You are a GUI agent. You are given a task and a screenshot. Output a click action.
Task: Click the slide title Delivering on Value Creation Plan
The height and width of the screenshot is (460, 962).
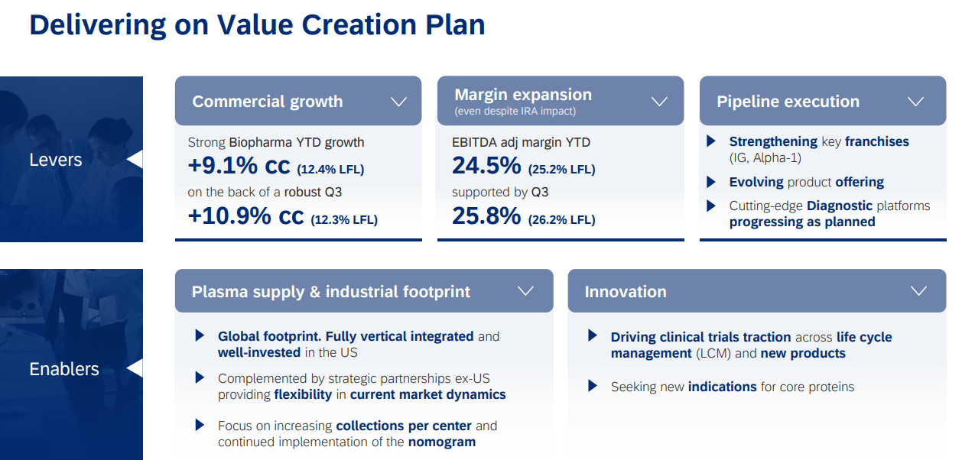257,25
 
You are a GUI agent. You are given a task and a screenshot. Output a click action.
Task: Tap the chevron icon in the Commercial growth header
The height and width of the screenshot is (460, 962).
398,102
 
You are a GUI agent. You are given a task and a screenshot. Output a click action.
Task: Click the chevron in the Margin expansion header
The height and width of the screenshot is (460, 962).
660,102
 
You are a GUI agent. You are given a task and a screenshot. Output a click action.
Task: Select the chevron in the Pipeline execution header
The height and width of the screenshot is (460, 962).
915,102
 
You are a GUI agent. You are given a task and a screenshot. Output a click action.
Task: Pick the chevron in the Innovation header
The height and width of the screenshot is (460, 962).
919,291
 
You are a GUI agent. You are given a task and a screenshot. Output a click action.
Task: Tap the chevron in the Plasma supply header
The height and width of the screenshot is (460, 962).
525,291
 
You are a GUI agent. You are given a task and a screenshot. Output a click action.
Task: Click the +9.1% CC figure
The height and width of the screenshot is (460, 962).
240,166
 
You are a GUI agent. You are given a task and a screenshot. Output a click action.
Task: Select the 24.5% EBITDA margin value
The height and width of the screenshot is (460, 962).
486,166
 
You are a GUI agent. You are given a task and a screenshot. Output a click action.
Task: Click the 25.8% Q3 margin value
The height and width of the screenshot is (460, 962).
486,216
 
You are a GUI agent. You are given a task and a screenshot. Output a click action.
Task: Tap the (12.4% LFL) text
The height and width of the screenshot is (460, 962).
330,169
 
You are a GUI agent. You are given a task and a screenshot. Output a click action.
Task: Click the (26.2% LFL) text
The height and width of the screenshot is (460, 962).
561,220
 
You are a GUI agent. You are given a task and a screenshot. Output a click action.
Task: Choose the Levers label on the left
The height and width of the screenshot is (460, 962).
55,160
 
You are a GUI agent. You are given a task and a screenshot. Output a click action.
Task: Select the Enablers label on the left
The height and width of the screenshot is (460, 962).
64,369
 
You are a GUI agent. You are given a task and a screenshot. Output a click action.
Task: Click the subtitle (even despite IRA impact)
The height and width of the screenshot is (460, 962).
515,112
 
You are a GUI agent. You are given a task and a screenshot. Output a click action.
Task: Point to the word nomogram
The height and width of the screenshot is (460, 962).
442,442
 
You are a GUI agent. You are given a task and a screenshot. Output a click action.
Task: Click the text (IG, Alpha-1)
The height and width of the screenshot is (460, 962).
765,158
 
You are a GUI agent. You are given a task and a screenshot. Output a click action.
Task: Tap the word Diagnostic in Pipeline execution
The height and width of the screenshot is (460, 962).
839,206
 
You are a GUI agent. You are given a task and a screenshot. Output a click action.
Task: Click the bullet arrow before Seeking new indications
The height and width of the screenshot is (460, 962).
593,386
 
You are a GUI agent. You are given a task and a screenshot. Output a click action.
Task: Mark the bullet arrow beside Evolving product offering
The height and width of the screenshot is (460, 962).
711,182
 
